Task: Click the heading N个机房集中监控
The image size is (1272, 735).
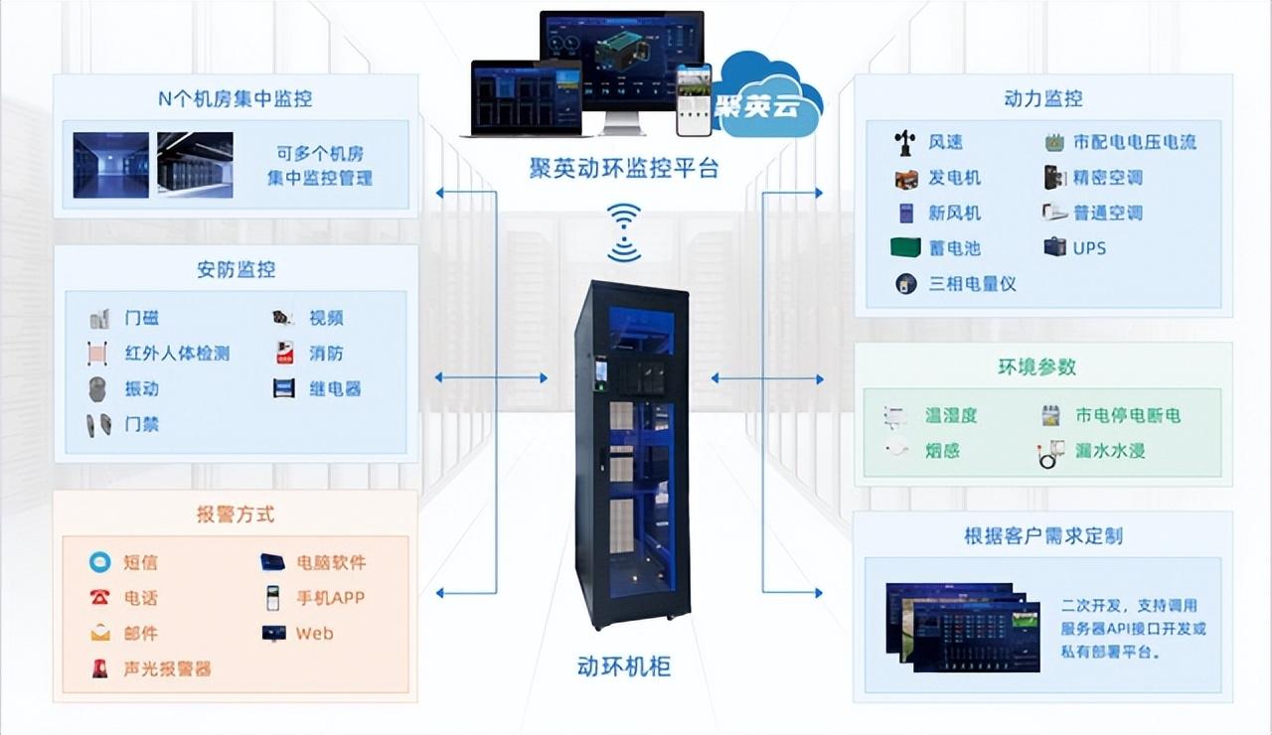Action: point(235,98)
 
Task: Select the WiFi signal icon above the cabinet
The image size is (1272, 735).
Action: point(624,232)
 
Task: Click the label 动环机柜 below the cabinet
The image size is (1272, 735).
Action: point(624,665)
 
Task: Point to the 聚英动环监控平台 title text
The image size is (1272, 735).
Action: point(623,168)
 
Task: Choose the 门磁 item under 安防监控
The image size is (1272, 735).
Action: point(141,318)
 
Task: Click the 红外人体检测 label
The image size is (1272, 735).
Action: point(177,354)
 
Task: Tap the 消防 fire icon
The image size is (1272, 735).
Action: point(284,353)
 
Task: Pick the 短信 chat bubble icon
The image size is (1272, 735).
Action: point(100,562)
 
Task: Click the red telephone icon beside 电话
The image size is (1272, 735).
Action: point(100,598)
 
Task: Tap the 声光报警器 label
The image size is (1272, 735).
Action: point(167,668)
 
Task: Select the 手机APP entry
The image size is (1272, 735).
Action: point(330,598)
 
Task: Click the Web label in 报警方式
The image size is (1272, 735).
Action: point(314,633)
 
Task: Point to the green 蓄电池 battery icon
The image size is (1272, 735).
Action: point(905,247)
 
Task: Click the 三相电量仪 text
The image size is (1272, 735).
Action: point(972,283)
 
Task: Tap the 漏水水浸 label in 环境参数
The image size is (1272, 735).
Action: point(1109,450)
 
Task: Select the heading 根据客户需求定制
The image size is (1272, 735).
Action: point(1042,536)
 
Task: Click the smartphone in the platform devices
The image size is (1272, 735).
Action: point(694,100)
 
